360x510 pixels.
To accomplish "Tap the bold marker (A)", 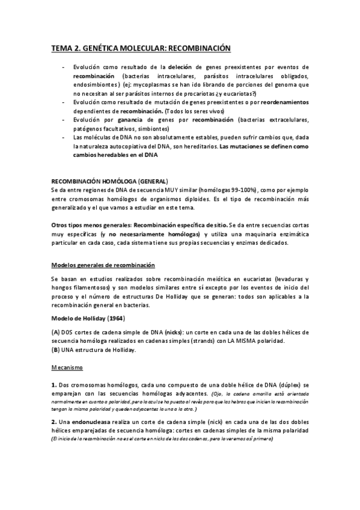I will (55, 333).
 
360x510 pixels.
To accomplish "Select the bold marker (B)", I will (55, 350).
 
